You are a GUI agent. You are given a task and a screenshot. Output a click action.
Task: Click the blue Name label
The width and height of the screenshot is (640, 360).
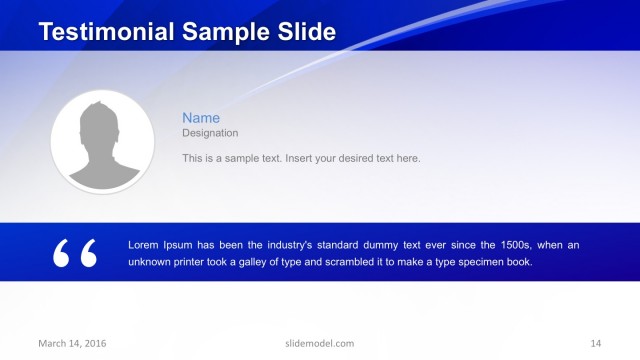click(x=200, y=118)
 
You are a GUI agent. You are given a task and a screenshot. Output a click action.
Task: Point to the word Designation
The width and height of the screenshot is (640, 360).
click(x=210, y=133)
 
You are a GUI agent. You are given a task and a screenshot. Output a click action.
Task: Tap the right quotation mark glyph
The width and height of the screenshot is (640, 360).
click(x=88, y=253)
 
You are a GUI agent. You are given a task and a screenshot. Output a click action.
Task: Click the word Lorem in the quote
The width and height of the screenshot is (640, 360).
click(x=145, y=245)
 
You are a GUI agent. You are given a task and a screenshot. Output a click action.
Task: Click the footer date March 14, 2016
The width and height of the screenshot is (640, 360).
click(x=72, y=343)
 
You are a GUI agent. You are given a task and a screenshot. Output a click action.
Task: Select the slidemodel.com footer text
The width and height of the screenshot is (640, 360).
click(x=320, y=343)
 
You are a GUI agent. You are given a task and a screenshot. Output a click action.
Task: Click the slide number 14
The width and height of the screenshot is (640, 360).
click(x=596, y=343)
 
